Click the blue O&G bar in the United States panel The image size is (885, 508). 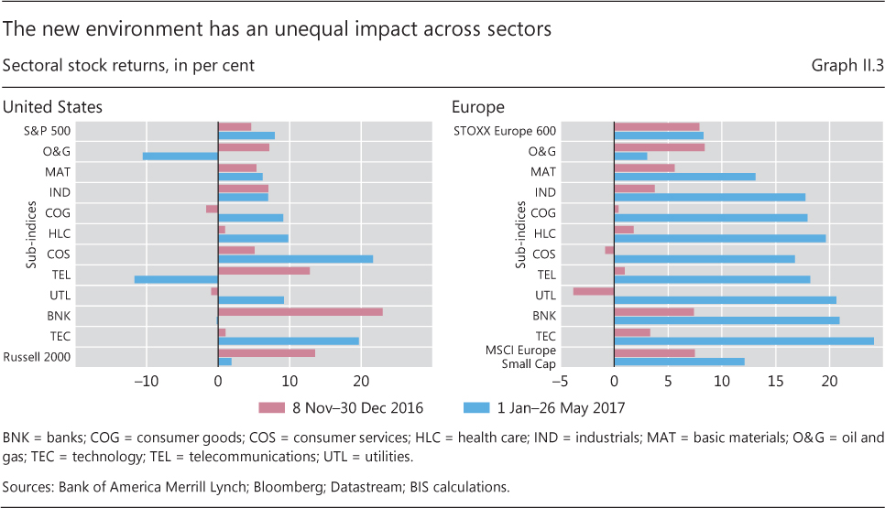pyautogui.click(x=180, y=156)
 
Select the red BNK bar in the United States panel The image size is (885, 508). pyautogui.click(x=300, y=312)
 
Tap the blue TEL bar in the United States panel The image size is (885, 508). pyautogui.click(x=176, y=279)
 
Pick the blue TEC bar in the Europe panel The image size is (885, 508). pyautogui.click(x=743, y=341)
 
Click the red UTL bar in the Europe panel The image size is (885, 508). pyautogui.click(x=593, y=291)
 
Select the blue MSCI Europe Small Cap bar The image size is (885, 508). pyautogui.click(x=679, y=362)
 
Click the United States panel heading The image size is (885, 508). pyautogui.click(x=53, y=107)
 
